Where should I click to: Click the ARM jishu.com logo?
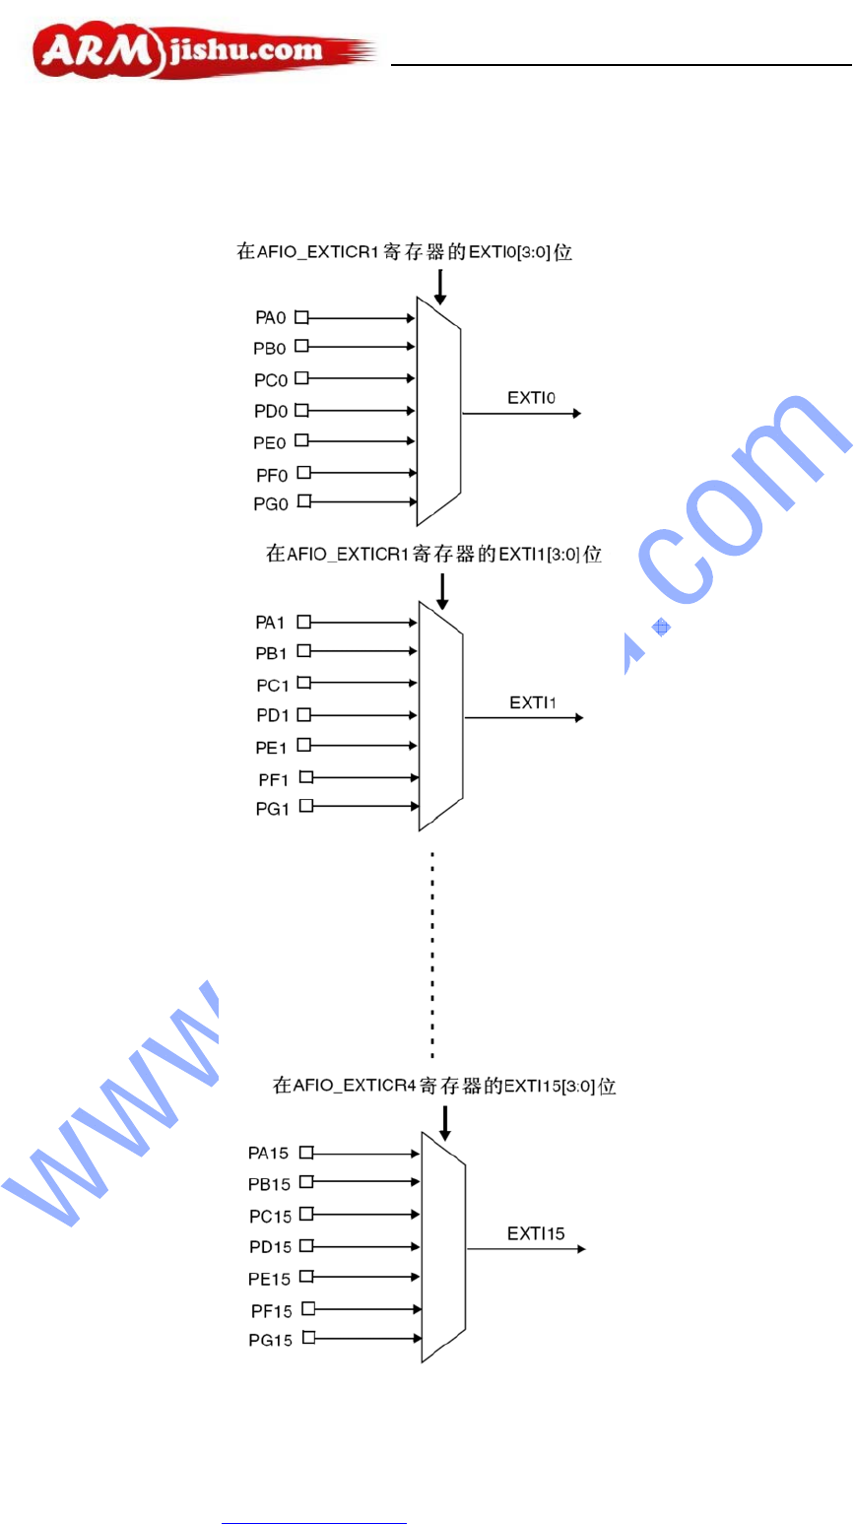pos(202,52)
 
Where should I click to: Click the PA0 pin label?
pos(271,318)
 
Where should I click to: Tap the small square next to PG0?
pos(304,501)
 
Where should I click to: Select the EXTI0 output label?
pos(532,399)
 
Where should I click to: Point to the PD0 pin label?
pos(270,412)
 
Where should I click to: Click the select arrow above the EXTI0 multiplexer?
pos(440,286)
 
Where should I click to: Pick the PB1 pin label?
pos(272,653)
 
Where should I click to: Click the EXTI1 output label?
pos(533,703)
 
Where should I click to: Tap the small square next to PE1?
pos(304,745)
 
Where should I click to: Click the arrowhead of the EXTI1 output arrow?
pos(578,718)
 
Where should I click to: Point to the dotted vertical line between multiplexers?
pos(432,951)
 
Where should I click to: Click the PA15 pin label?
pos(269,1153)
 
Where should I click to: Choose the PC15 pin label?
pos(270,1217)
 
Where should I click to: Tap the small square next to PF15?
pos(308,1308)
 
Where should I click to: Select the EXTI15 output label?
pos(536,1233)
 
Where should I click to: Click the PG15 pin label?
pos(271,1341)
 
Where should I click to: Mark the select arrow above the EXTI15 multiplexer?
pos(445,1122)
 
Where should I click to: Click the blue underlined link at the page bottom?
pos(314,1523)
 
